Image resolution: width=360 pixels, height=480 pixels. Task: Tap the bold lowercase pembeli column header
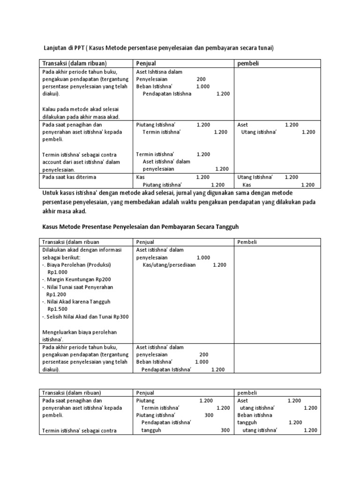[x=247, y=63]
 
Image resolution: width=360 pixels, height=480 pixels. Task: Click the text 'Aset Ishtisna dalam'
[x=159, y=72]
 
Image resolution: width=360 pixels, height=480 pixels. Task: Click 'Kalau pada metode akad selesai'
[x=79, y=109]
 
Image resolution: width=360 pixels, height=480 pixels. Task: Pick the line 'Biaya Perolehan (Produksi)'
[x=78, y=265]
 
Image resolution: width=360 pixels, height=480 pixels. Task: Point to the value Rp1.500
[x=58, y=309]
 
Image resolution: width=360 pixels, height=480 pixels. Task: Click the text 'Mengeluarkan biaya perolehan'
[x=79, y=332]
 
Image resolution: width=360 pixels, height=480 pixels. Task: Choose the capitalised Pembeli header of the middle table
[x=247, y=242]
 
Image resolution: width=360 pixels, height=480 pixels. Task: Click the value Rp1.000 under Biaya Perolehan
[x=58, y=272]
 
